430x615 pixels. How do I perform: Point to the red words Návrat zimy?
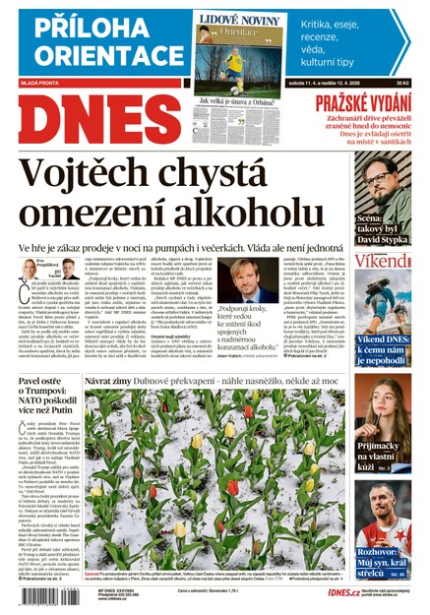coord(110,380)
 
